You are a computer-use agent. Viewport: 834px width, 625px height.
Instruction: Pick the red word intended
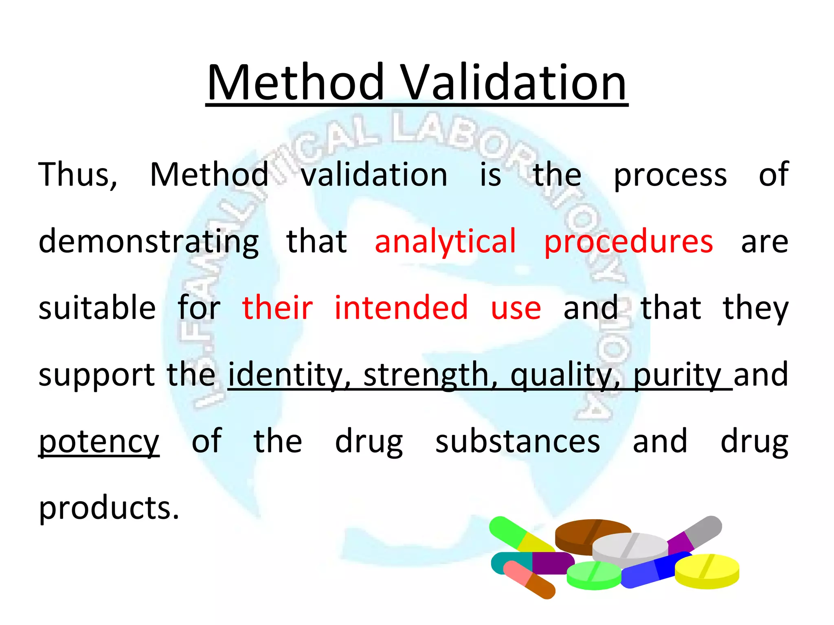(x=401, y=308)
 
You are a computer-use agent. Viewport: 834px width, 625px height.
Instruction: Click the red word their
(x=277, y=308)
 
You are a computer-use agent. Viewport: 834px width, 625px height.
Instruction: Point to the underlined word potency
(x=99, y=442)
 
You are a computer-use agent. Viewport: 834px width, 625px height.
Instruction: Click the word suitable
(x=97, y=308)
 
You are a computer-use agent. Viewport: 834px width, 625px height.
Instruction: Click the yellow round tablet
(x=707, y=570)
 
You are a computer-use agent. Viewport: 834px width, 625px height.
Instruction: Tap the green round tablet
(x=593, y=575)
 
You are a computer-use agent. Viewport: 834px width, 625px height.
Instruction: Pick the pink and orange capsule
(x=529, y=579)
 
